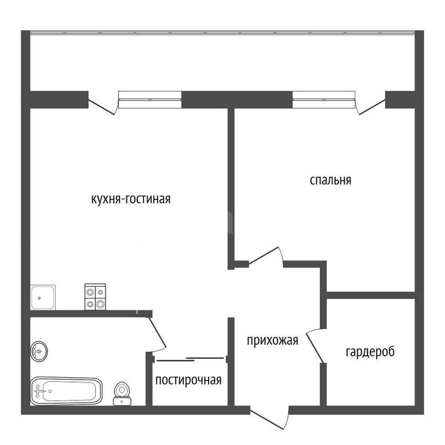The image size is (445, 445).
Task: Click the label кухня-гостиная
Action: tap(131, 199)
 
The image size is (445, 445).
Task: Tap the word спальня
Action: tap(330, 180)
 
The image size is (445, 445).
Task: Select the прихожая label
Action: tap(272, 340)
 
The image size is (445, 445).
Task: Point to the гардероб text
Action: tap(370, 352)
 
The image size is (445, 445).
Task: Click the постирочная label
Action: tap(188, 380)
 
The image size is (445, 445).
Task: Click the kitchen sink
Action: tap(43, 297)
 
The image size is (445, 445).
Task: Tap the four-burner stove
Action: tap(95, 297)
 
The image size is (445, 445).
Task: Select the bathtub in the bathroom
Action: tap(66, 391)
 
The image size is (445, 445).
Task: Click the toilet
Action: tap(122, 393)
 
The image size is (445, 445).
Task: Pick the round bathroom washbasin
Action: tap(39, 351)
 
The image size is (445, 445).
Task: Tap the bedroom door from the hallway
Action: tap(266, 257)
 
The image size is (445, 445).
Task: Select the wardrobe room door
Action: tap(315, 346)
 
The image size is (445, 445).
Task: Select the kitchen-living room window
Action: tap(150, 100)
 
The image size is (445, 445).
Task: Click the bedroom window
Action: tap(324, 100)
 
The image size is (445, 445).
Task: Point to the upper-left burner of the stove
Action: tap(90, 292)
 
